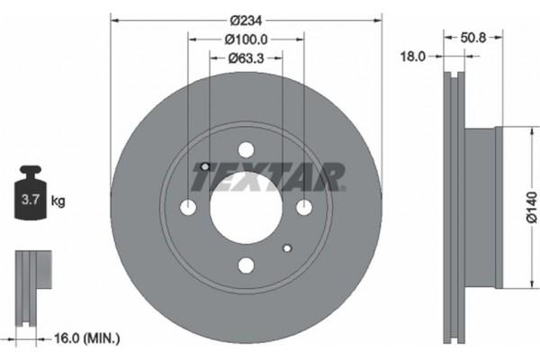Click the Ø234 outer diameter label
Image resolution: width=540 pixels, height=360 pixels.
(x=245, y=20)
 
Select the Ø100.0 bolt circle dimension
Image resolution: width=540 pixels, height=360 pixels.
(x=246, y=40)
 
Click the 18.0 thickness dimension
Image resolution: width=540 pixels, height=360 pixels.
(x=413, y=57)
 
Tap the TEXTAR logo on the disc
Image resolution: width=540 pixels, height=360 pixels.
(x=268, y=176)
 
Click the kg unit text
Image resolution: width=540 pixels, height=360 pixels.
(x=58, y=202)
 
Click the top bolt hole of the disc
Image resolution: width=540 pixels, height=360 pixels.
(x=246, y=150)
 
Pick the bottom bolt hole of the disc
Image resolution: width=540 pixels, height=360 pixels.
(x=246, y=265)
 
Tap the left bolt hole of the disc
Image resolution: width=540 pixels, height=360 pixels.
(x=188, y=208)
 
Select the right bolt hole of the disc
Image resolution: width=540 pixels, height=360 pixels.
(x=303, y=208)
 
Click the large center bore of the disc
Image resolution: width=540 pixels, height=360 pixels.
(x=246, y=208)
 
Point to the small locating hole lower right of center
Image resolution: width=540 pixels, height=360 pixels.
(x=287, y=247)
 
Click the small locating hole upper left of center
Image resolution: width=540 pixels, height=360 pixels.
(x=204, y=166)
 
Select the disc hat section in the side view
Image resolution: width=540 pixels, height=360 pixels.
(x=482, y=208)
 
